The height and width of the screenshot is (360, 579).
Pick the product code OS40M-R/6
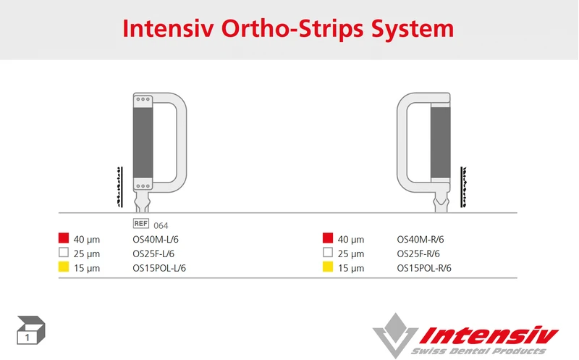click(x=420, y=239)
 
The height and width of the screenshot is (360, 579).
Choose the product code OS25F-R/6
click(x=418, y=254)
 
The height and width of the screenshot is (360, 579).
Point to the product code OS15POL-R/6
click(x=424, y=268)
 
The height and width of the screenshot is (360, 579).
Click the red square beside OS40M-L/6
click(x=63, y=238)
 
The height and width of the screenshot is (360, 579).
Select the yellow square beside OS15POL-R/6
click(x=328, y=267)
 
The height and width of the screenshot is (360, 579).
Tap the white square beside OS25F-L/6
click(x=63, y=253)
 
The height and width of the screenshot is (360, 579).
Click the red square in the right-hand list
click(x=328, y=238)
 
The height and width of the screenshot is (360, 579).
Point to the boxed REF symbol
click(x=140, y=225)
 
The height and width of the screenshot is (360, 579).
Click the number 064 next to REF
click(x=161, y=225)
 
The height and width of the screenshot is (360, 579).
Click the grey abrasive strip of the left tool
click(x=143, y=141)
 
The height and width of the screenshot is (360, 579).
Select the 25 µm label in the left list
click(x=87, y=254)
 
